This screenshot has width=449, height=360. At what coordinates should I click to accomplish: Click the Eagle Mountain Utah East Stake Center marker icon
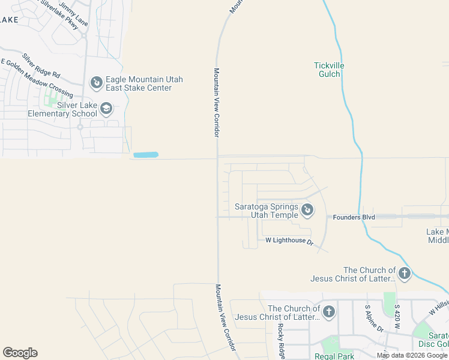[x=96, y=82]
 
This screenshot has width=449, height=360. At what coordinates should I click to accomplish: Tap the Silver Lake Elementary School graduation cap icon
[x=106, y=109]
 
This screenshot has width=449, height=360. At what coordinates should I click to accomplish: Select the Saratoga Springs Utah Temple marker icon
[x=307, y=210]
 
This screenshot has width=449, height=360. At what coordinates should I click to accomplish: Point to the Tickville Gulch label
[x=327, y=70]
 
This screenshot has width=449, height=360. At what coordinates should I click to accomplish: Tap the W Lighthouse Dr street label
[x=290, y=241]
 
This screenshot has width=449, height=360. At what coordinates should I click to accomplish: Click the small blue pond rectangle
[x=145, y=155]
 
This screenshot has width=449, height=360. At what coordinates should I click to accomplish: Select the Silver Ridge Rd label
[x=41, y=66]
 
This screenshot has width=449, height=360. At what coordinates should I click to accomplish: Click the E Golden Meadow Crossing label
[x=37, y=79]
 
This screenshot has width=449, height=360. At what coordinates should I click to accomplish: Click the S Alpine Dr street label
[x=374, y=318]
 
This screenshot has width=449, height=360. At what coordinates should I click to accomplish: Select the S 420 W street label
[x=397, y=318]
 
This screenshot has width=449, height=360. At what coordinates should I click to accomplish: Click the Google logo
[x=20, y=353]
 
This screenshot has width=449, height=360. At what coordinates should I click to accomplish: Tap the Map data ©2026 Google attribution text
[x=412, y=355]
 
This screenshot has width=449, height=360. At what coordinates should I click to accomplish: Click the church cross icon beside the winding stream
[x=404, y=274]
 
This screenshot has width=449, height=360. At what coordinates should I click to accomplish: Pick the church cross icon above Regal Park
[x=328, y=312]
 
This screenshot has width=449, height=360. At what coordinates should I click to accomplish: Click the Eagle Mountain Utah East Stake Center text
[x=144, y=83]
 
